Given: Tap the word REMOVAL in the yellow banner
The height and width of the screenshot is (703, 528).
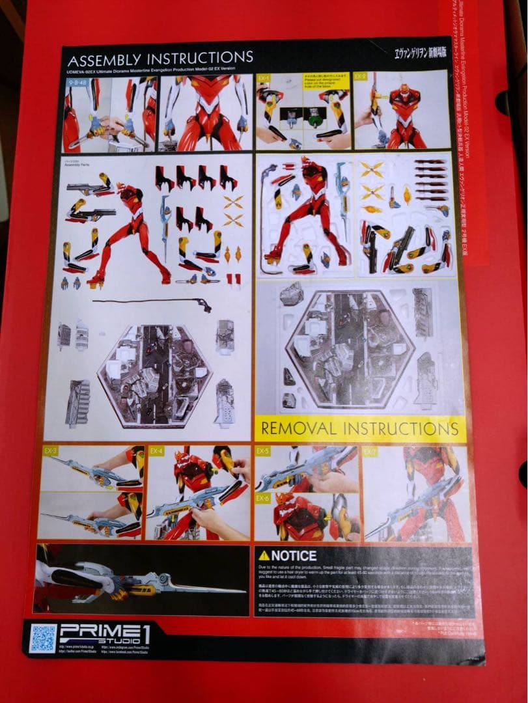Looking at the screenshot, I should click(300, 429).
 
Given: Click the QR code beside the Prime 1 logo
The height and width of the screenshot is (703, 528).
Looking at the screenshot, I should click(44, 638).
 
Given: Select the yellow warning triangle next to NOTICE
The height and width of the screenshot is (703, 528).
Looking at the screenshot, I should click(264, 555).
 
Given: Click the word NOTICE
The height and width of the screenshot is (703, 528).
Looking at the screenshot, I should click(294, 556).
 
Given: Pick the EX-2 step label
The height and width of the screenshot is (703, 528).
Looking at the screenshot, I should click(361, 76).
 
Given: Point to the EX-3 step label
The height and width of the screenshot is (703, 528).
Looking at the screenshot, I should click(50, 450).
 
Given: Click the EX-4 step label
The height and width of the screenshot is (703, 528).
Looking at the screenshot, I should click(156, 450).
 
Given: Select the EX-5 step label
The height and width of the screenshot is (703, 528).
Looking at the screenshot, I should click(263, 451).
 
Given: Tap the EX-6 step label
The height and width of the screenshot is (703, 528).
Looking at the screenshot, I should click(263, 499).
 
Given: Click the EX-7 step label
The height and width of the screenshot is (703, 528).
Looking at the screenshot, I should click(370, 451).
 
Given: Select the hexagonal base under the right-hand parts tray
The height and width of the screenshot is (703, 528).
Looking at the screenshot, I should click(350, 349).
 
